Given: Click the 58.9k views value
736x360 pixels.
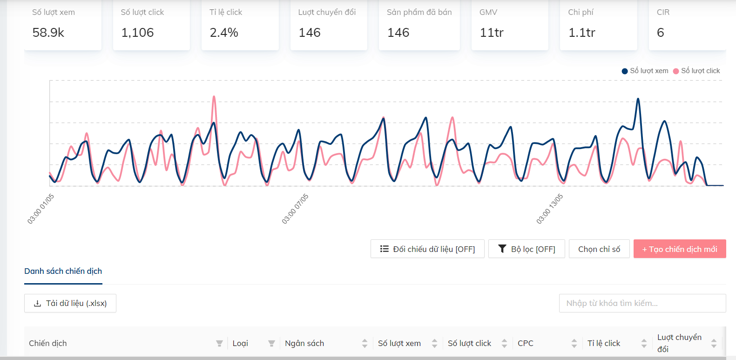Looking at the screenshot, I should [x=48, y=33].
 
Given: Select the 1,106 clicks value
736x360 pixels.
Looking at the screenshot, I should [x=137, y=33].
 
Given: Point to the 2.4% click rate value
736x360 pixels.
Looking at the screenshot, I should [x=224, y=33].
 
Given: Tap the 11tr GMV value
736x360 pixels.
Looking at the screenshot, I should [x=492, y=33].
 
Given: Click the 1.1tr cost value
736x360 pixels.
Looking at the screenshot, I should [x=582, y=33].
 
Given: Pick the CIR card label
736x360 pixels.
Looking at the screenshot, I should [x=663, y=12].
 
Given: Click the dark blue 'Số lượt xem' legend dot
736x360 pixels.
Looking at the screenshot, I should [x=625, y=71].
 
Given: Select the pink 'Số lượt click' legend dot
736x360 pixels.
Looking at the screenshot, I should [x=676, y=71].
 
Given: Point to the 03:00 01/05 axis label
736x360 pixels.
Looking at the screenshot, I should [x=41, y=209].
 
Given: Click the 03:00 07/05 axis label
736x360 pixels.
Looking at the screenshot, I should [x=295, y=209].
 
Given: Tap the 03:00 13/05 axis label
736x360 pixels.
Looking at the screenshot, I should [x=550, y=209].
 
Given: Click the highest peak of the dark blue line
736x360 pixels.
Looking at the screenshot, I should [x=638, y=99].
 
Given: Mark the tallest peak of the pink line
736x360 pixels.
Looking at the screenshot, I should [x=214, y=96].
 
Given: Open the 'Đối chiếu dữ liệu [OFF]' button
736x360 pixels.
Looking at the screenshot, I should [x=427, y=249].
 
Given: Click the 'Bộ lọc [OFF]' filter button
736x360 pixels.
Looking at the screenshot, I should [x=527, y=249].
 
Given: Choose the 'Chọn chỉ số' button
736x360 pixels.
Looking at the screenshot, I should [x=599, y=249].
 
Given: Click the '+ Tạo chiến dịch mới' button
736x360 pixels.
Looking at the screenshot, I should [x=680, y=249].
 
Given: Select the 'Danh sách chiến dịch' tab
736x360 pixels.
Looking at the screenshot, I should [x=63, y=271].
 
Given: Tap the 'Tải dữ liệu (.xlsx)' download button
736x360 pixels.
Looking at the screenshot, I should [x=70, y=303].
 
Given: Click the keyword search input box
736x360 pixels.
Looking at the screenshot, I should [x=642, y=303].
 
